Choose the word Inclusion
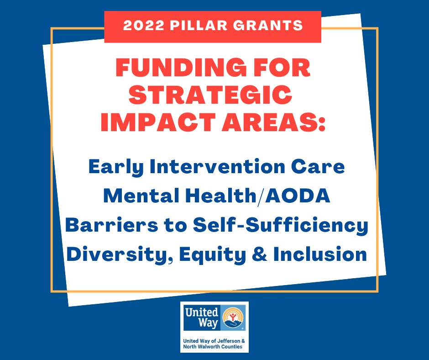pos(320,254)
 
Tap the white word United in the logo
pos(201,312)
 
